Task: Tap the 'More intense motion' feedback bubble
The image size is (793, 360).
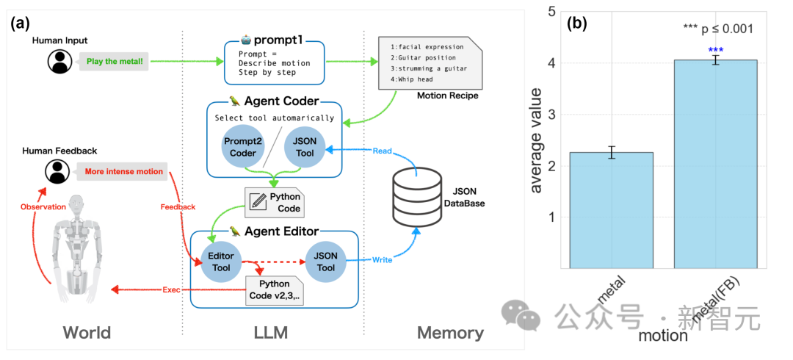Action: coord(123,172)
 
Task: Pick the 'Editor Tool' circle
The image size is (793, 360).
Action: coord(221,262)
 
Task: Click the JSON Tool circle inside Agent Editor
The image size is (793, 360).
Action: coord(325,262)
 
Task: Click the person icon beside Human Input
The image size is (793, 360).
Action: coord(59,62)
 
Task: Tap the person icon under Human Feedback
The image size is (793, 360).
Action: coord(57,172)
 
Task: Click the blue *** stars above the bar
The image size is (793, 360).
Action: coord(715,50)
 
